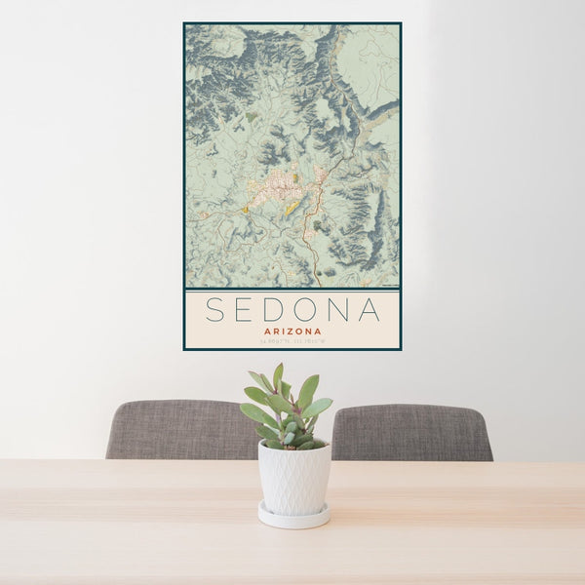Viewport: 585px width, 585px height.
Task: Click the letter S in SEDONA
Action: (x=216, y=310)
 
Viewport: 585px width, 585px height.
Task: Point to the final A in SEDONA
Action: (x=370, y=310)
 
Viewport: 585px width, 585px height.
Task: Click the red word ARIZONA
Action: (x=292, y=331)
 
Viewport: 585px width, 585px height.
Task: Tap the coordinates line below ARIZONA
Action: (x=292, y=340)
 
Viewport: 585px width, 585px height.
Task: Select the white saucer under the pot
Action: (x=293, y=517)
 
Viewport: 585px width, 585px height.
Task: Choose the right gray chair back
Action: (x=414, y=431)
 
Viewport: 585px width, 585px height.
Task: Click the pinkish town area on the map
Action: (x=283, y=181)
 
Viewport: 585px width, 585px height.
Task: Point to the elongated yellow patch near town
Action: (x=292, y=208)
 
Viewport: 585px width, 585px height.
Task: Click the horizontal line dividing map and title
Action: (x=292, y=290)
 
